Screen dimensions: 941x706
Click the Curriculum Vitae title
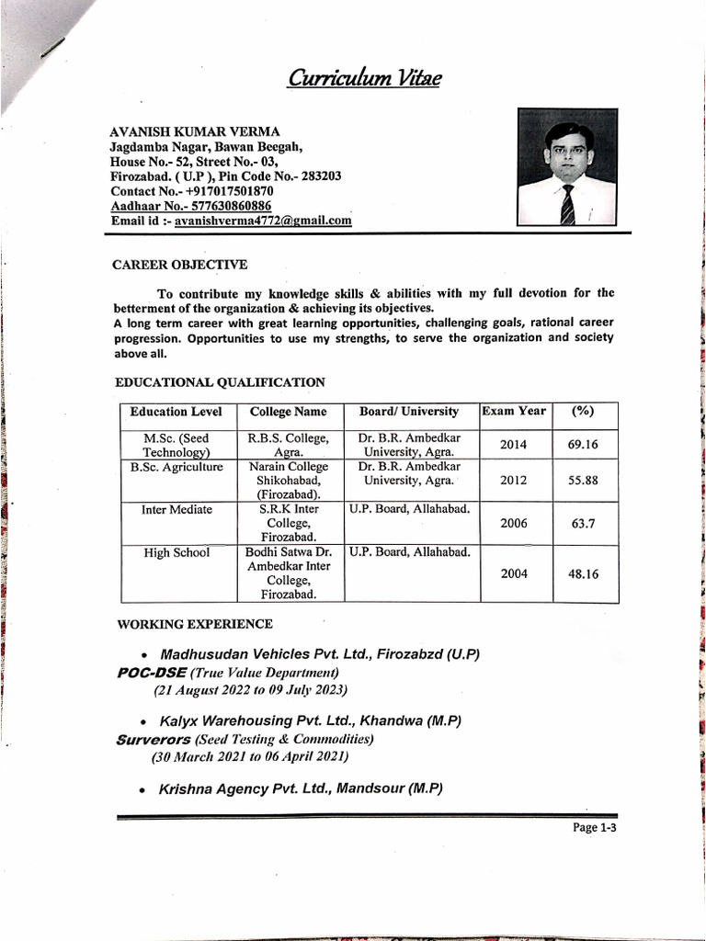[364, 79]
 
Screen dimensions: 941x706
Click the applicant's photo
[566, 167]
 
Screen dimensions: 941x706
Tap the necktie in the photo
[567, 205]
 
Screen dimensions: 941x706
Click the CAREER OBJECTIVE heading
[179, 266]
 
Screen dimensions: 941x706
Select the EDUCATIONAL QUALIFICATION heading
[220, 381]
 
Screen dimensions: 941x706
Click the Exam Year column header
[514, 412]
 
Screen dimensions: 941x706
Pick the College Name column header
[289, 413]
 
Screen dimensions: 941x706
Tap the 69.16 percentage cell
[583, 445]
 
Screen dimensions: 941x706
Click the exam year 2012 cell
[513, 480]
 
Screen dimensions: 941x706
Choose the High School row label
[176, 553]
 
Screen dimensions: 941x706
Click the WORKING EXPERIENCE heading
[195, 625]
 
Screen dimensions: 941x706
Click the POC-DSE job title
[153, 673]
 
